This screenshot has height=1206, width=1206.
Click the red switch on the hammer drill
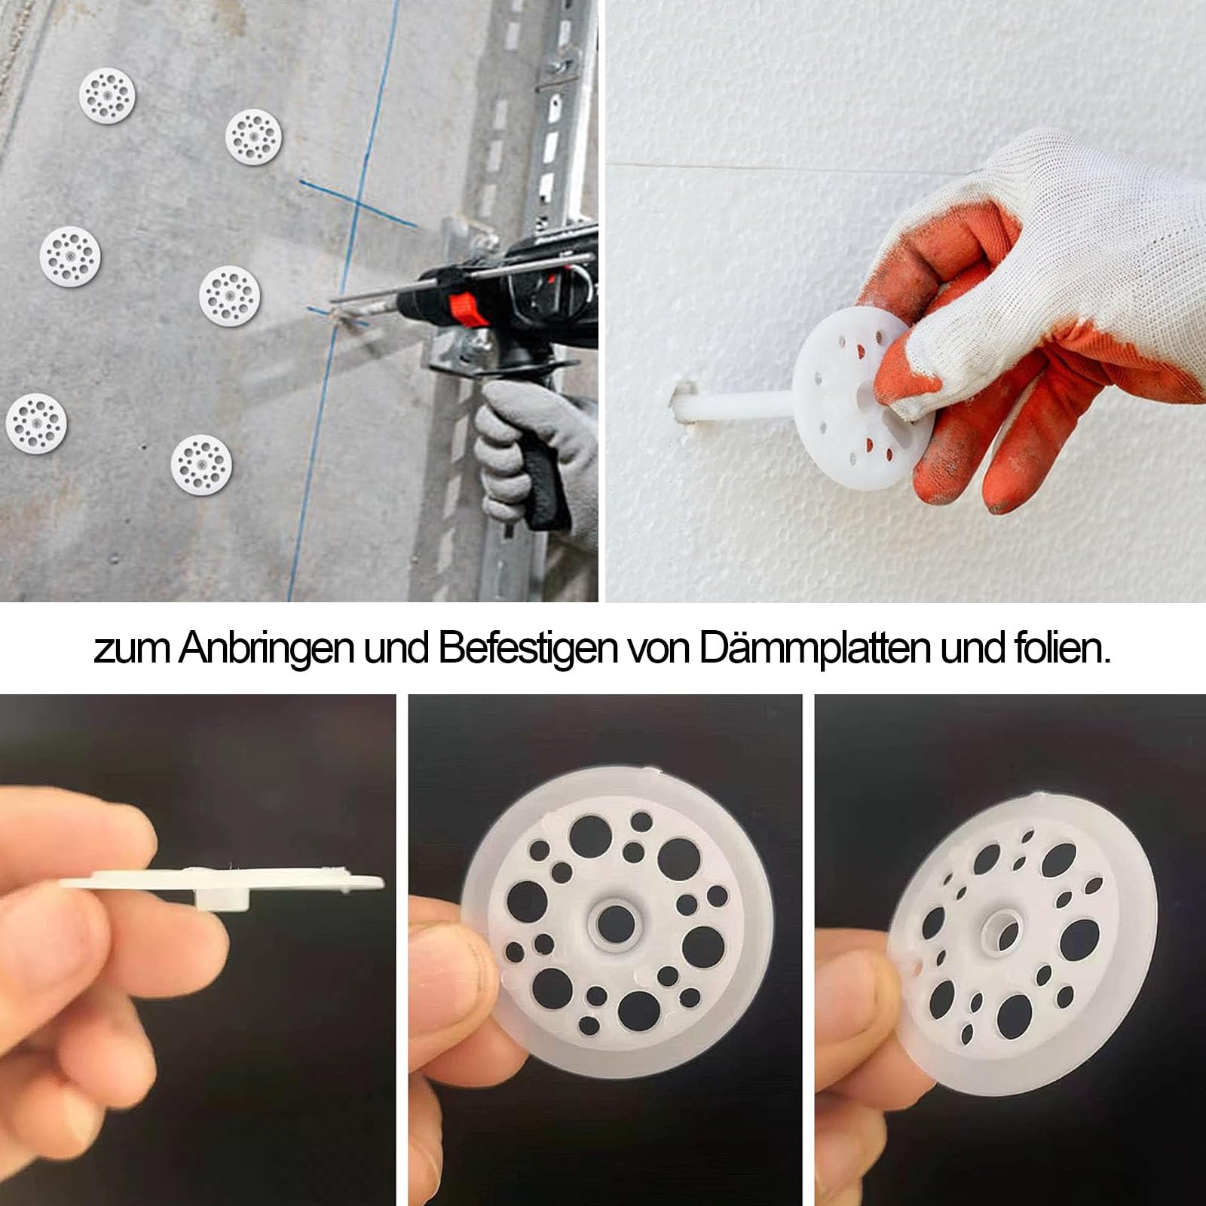point(461,307)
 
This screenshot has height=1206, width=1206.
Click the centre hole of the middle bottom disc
point(615,921)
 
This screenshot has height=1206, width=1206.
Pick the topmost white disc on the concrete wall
point(107,95)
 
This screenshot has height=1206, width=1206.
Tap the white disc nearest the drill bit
point(230,296)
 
